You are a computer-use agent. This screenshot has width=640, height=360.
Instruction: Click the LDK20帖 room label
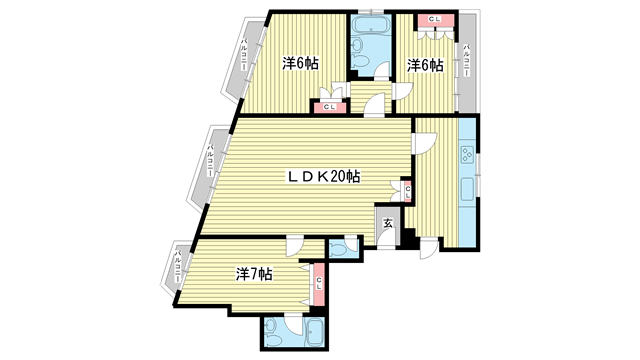click(x=324, y=176)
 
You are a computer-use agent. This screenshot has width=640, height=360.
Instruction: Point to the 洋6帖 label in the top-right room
click(x=425, y=65)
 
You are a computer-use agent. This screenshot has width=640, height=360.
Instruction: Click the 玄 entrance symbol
click(x=387, y=224)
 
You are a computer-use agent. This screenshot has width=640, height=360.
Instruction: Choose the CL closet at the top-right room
click(x=434, y=20)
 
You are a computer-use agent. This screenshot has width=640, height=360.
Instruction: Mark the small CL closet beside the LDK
click(x=407, y=188)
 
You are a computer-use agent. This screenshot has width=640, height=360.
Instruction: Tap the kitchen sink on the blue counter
click(x=466, y=190)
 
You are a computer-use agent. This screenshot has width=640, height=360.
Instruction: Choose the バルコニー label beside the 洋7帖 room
click(x=177, y=270)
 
